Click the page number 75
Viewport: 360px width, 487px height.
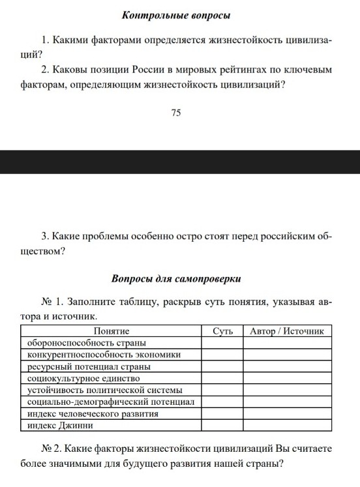point(175,113)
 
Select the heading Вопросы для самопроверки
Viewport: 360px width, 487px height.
point(176,279)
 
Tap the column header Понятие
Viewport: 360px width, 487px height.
point(112,331)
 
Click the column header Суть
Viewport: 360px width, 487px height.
point(222,331)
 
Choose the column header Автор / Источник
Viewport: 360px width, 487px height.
point(288,331)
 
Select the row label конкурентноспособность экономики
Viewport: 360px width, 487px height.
point(104,355)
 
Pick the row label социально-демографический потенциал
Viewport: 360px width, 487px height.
point(111,402)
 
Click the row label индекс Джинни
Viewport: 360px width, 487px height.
point(60,425)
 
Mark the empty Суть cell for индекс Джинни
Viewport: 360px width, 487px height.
point(222,425)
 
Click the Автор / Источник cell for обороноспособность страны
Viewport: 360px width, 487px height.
point(288,343)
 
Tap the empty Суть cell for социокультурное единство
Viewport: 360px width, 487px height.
point(222,378)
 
